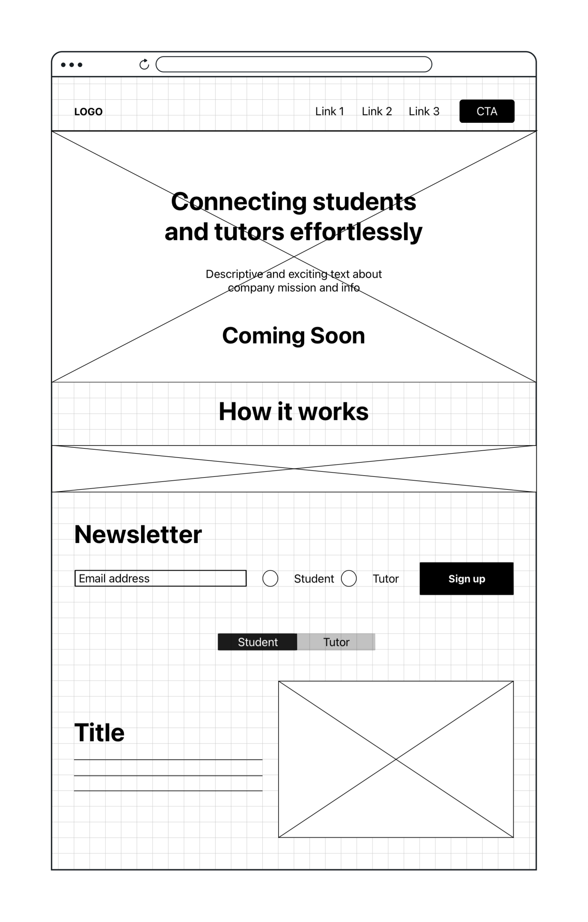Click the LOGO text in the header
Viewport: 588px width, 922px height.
click(x=88, y=112)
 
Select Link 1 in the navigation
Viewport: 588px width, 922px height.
click(x=330, y=111)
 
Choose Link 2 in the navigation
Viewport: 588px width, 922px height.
click(x=377, y=111)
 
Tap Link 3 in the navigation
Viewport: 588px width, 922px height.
click(x=424, y=111)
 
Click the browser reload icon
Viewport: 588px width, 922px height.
click(x=144, y=64)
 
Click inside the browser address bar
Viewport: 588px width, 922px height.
click(x=294, y=64)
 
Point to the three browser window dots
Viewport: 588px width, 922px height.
click(x=72, y=65)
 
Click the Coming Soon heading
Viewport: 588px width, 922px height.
click(x=294, y=336)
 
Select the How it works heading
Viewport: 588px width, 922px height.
click(x=294, y=412)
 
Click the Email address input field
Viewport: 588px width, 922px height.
click(x=160, y=578)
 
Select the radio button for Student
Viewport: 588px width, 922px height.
click(x=270, y=578)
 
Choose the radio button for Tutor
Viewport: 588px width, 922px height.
click(x=349, y=578)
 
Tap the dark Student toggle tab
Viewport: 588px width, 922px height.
click(x=258, y=642)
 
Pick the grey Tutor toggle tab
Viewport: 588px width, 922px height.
click(x=336, y=642)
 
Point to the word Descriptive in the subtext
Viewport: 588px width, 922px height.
click(x=234, y=274)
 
